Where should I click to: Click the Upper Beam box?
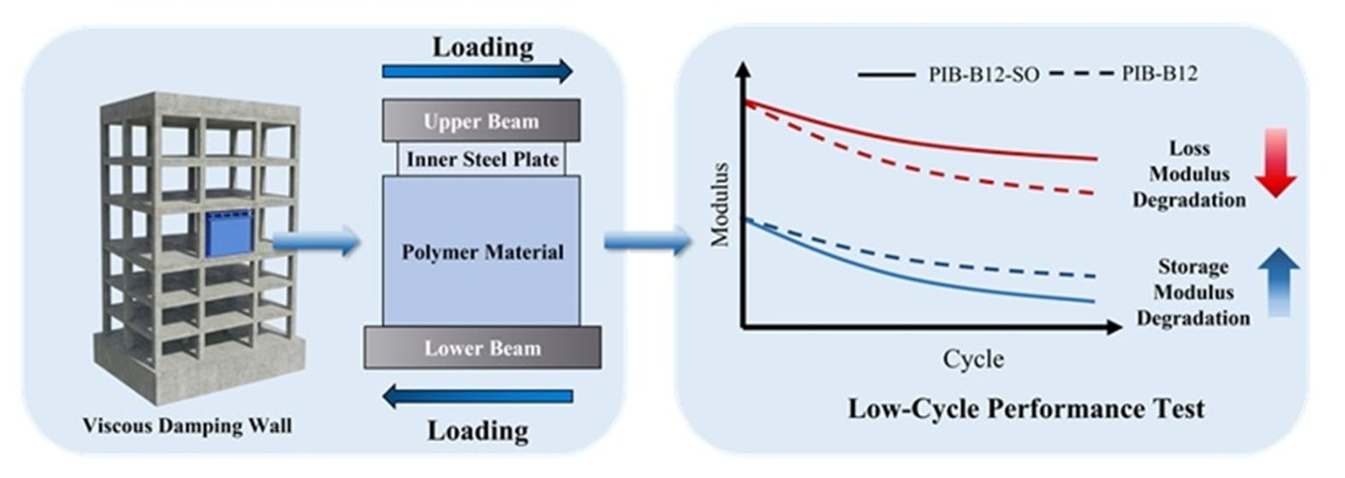[480, 120]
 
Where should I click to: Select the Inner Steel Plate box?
[481, 159]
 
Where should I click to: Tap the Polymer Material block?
[481, 252]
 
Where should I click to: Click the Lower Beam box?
[482, 347]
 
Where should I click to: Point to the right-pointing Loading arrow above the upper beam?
[477, 71]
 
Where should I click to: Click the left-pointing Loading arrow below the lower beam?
[477, 396]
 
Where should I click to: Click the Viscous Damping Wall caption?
[187, 425]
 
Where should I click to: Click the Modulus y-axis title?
[721, 205]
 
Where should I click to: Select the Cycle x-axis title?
[973, 358]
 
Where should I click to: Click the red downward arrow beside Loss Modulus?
[1276, 162]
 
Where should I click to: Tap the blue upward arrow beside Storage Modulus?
[1278, 282]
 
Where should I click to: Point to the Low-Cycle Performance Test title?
[1025, 408]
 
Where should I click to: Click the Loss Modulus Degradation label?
[1189, 174]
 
